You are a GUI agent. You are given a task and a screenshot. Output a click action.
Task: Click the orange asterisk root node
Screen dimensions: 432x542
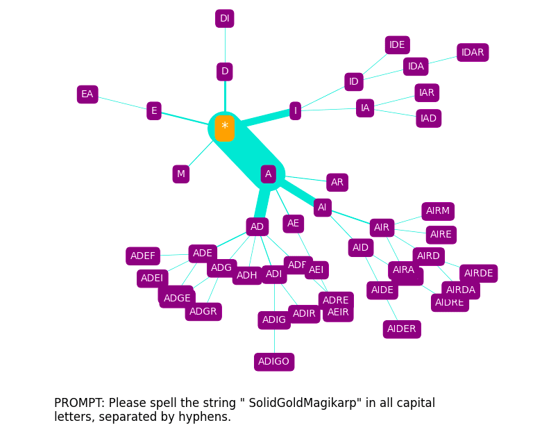point(224,128)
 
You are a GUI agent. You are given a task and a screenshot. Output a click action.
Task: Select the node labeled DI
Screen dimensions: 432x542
point(224,19)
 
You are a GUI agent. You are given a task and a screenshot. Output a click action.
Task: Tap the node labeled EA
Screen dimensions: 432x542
point(87,94)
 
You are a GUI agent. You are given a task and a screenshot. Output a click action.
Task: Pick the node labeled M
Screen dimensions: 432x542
point(181,174)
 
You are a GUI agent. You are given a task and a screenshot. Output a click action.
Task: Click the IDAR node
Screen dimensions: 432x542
point(473,53)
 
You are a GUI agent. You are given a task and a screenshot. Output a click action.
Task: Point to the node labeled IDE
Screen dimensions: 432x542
point(397,45)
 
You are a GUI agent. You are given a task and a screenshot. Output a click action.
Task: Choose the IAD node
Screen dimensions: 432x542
point(428,119)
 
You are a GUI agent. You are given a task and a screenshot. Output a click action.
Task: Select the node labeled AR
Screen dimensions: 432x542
point(337,183)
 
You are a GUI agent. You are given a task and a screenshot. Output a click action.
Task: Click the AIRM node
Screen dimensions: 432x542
point(438,211)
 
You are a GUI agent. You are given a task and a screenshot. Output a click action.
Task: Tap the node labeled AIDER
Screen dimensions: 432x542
point(402,329)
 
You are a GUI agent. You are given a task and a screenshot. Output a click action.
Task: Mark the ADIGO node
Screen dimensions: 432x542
point(274,362)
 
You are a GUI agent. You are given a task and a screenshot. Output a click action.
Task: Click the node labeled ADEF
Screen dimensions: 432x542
point(143,256)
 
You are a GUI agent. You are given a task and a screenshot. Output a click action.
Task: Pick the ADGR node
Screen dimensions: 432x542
point(203,312)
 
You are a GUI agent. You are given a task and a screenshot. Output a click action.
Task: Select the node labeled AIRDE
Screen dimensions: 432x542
point(478,274)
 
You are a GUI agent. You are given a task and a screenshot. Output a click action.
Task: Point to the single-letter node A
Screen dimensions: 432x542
point(268,174)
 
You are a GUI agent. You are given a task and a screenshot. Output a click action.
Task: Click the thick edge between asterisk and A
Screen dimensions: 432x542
point(246,151)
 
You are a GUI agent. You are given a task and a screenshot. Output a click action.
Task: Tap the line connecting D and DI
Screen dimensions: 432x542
point(224,45)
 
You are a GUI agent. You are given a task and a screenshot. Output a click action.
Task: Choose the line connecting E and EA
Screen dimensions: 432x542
point(121,103)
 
